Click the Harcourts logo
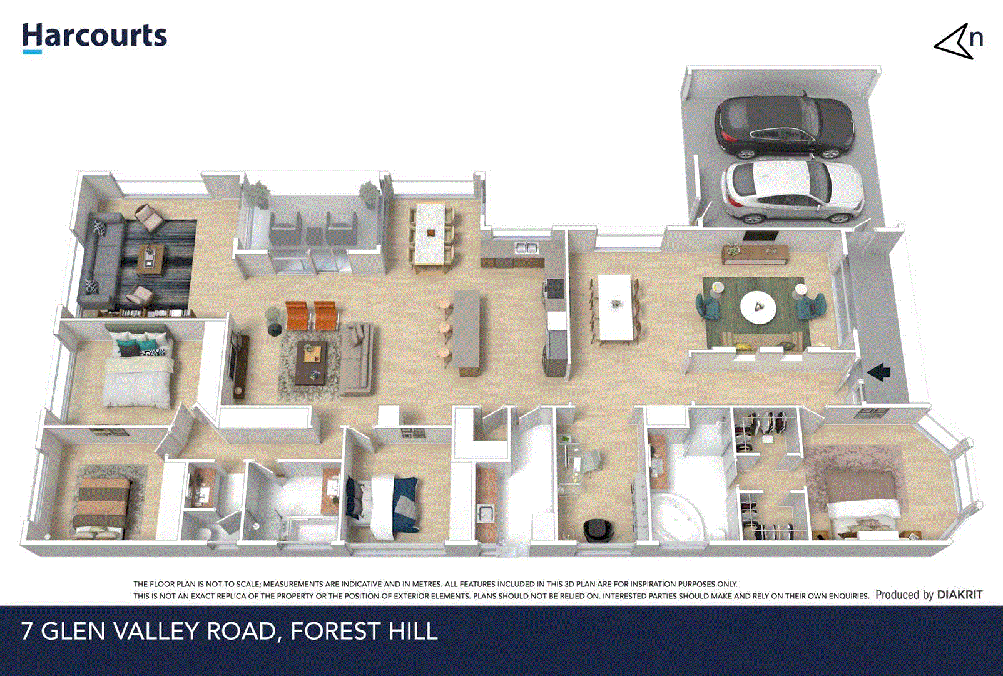pyautogui.click(x=94, y=36)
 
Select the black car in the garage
pyautogui.click(x=785, y=128)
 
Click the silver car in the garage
pyautogui.click(x=792, y=192)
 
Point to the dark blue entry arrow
pyautogui.click(x=878, y=372)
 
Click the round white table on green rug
pyautogui.click(x=758, y=307)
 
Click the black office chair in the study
pyautogui.click(x=594, y=530)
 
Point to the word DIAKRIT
pyautogui.click(x=959, y=595)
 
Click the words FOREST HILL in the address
pyautogui.click(x=364, y=631)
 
